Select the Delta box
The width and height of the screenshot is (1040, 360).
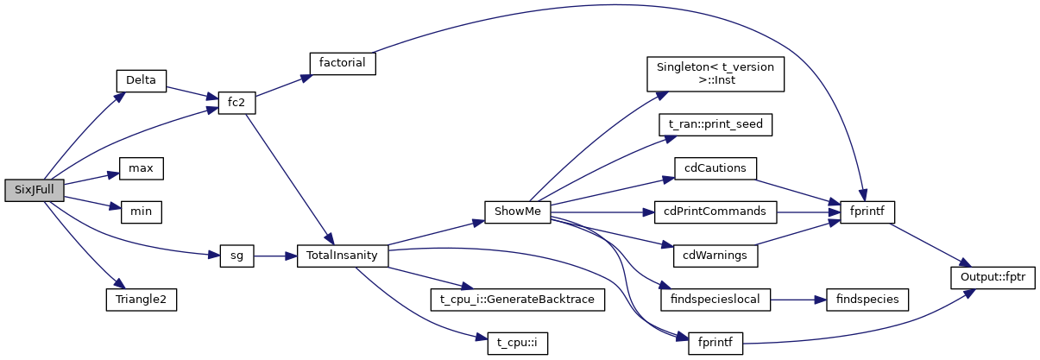(x=141, y=80)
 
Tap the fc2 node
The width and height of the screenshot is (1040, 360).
(x=230, y=103)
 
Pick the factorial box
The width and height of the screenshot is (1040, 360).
(x=343, y=62)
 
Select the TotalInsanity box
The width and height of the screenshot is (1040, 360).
(x=342, y=256)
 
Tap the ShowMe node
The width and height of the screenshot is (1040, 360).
(x=517, y=212)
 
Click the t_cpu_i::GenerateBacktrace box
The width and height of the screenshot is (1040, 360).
(x=518, y=300)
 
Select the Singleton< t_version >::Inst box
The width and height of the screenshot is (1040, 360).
(x=715, y=74)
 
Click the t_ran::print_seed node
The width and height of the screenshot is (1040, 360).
(x=715, y=124)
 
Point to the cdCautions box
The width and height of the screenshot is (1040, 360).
(x=715, y=168)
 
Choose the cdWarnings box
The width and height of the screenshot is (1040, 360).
(x=715, y=256)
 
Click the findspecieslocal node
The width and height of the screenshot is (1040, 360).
(x=715, y=300)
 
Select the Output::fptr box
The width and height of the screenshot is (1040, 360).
(x=993, y=278)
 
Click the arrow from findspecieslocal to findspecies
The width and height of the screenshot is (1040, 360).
(x=797, y=300)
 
